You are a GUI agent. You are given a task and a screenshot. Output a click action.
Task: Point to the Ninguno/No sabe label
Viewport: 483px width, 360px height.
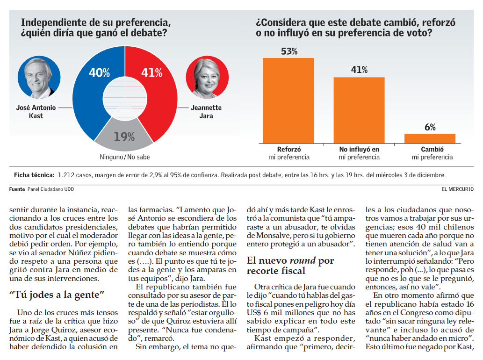pyautogui.click(x=125, y=157)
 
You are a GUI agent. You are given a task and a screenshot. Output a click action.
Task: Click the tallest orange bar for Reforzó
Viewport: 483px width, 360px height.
pyautogui.click(x=288, y=100)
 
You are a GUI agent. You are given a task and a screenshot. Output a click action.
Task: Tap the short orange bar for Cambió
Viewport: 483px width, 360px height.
pyautogui.click(x=430, y=138)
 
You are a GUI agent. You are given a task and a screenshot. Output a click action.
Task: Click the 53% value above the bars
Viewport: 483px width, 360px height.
pyautogui.click(x=289, y=51)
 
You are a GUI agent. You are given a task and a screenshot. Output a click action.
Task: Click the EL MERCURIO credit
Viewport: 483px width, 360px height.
pyautogui.click(x=457, y=189)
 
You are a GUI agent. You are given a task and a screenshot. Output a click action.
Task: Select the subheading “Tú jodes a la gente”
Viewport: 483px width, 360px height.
pyautogui.click(x=57, y=295)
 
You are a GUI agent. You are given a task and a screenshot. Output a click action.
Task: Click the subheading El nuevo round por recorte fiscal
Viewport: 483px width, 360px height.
pyautogui.click(x=290, y=266)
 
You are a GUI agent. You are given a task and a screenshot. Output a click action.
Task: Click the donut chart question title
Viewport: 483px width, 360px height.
pyautogui.click(x=95, y=28)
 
